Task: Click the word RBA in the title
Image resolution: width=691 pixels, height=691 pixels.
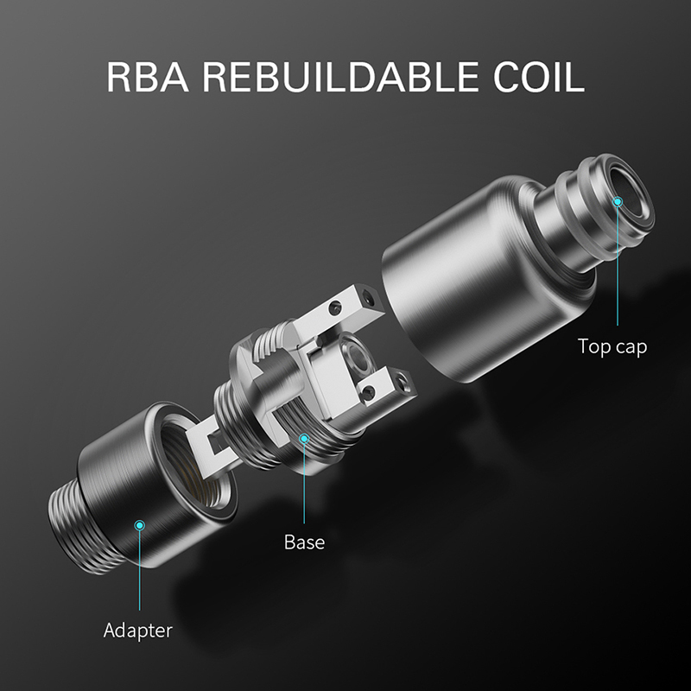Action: tap(148, 77)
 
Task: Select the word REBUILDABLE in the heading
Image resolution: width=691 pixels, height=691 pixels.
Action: tap(340, 77)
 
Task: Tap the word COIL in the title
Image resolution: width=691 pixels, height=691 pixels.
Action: tap(538, 77)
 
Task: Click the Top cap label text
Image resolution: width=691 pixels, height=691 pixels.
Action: tap(612, 347)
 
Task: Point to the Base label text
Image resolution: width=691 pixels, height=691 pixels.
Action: tap(305, 542)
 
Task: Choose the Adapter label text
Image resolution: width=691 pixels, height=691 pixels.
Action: tap(138, 631)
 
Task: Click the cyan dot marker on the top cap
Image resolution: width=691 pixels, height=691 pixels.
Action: tap(618, 202)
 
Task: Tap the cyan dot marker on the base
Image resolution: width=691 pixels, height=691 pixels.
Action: tap(304, 438)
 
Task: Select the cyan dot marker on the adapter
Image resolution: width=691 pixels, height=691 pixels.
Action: tap(140, 525)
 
